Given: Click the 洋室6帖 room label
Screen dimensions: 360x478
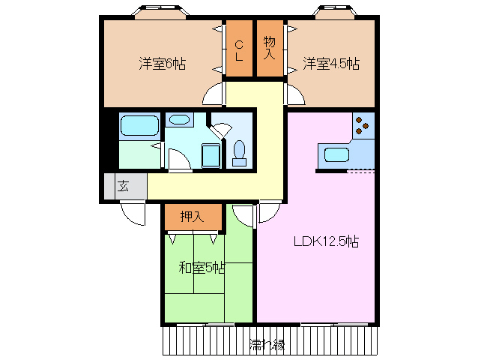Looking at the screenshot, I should pyautogui.click(x=162, y=64).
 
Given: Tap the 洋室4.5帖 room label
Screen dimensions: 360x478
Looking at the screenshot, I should pyautogui.click(x=331, y=64).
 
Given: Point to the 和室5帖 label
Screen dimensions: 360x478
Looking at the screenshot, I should pyautogui.click(x=202, y=267).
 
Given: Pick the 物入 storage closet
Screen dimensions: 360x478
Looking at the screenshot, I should pyautogui.click(x=269, y=49).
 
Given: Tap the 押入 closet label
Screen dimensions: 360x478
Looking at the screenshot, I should pyautogui.click(x=193, y=217).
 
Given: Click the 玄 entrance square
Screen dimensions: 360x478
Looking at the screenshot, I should pyautogui.click(x=123, y=187).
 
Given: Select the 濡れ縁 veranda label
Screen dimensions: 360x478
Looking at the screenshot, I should pyautogui.click(x=267, y=344).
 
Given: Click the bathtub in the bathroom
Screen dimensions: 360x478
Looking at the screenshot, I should pyautogui.click(x=139, y=126).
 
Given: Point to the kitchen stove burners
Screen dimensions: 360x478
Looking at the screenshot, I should pyautogui.click(x=363, y=126).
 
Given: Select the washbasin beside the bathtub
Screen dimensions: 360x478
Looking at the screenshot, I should pyautogui.click(x=179, y=119).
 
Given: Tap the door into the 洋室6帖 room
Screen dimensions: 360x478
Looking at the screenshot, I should pyautogui.click(x=214, y=94).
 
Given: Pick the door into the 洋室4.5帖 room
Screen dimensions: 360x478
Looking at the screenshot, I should pyautogui.click(x=294, y=94).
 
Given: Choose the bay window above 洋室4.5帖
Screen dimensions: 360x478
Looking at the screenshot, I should pyautogui.click(x=335, y=13).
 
